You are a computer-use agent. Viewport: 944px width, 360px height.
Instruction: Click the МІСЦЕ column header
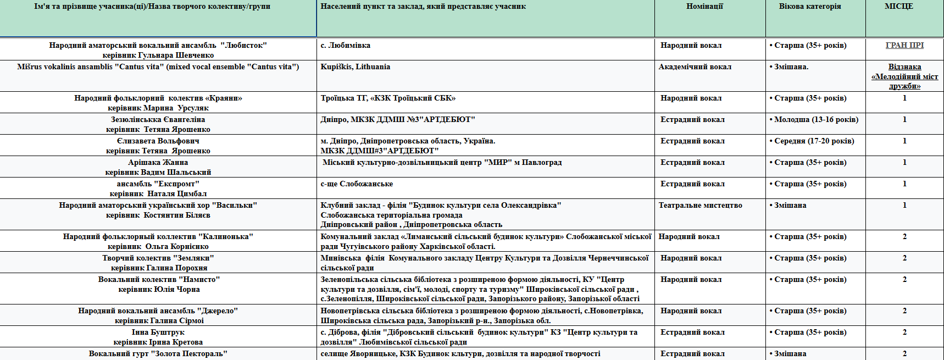tap(899, 7)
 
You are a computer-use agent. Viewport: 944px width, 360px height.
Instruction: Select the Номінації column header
tap(704, 7)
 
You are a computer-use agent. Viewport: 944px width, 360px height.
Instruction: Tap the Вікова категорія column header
tap(809, 7)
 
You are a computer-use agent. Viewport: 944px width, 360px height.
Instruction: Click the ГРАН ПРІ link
tap(904, 46)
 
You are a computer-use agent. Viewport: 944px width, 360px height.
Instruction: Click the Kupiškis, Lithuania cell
tap(356, 67)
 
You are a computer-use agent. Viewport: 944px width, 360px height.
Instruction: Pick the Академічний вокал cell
tap(695, 67)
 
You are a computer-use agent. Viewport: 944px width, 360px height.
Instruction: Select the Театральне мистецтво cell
tap(700, 206)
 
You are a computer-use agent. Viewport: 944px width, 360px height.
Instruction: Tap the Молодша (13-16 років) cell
tap(816, 120)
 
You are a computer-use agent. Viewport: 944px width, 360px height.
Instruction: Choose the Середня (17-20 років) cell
tap(814, 141)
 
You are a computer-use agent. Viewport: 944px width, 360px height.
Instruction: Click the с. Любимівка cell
tap(346, 46)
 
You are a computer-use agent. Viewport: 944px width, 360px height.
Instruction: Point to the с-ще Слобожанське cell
tap(357, 184)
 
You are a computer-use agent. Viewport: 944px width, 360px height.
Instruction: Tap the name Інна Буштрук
tap(158, 333)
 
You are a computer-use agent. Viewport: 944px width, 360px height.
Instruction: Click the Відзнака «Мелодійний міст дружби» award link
tap(904, 76)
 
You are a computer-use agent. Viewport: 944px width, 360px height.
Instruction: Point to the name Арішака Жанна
tap(158, 163)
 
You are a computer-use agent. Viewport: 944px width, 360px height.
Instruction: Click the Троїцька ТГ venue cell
tap(388, 98)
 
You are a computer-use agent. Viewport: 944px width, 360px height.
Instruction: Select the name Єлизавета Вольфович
tap(158, 141)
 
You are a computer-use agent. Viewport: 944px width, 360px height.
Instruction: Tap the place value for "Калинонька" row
tap(904, 237)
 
